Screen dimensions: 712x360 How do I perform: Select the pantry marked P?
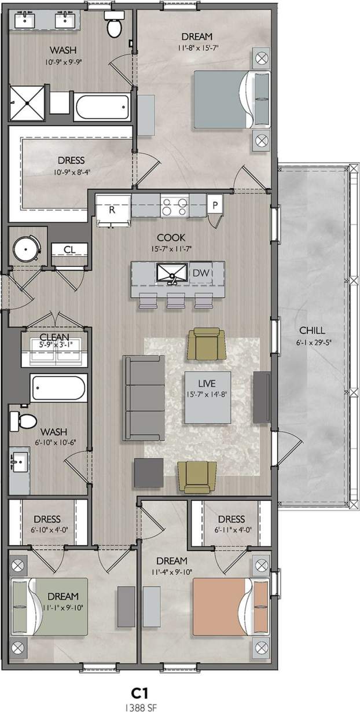215,205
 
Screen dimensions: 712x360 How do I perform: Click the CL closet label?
68,249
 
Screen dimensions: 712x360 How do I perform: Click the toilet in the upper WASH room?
113,24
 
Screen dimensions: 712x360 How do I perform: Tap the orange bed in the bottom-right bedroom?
223,605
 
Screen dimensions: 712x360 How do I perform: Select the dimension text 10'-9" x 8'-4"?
71,172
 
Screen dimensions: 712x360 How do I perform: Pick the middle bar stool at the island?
175,302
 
